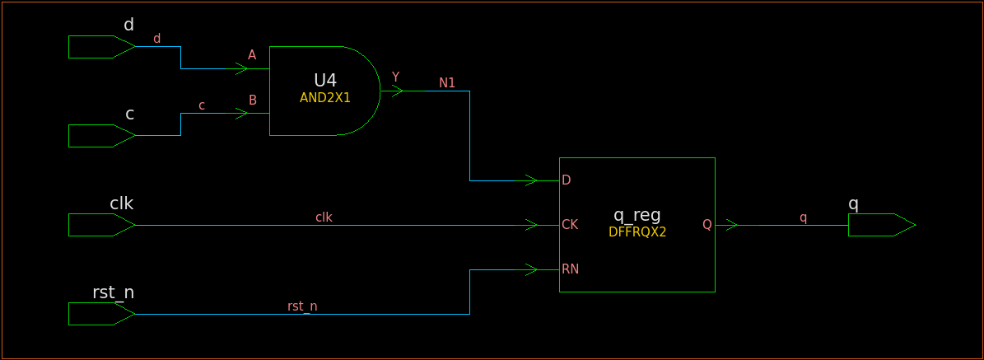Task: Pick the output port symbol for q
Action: click(880, 225)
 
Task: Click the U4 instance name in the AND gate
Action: click(325, 81)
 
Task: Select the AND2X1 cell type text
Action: click(325, 97)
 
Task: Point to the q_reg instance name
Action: click(637, 216)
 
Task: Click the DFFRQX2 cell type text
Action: click(637, 232)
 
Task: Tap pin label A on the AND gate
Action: click(252, 55)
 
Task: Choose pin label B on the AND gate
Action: click(253, 101)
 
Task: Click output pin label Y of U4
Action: click(395, 77)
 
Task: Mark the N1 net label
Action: click(447, 83)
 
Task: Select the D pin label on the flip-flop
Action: click(566, 180)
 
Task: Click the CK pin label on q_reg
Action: click(569, 224)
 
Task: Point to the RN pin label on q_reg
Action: click(570, 269)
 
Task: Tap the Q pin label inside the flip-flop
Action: click(707, 224)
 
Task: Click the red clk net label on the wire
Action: click(324, 217)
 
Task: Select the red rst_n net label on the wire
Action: click(302, 306)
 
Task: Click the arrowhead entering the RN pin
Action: click(531, 269)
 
